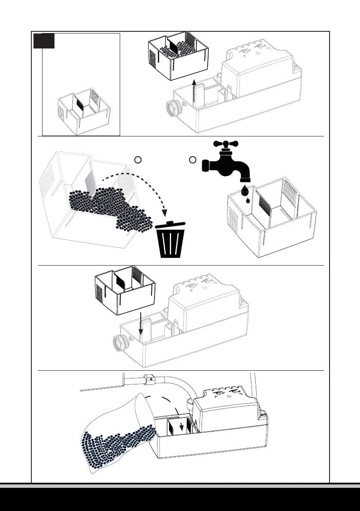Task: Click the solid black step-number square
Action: (45, 41)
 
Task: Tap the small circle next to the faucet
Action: (193, 160)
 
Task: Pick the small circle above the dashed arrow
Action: (138, 160)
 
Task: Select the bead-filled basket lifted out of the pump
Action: (178, 55)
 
